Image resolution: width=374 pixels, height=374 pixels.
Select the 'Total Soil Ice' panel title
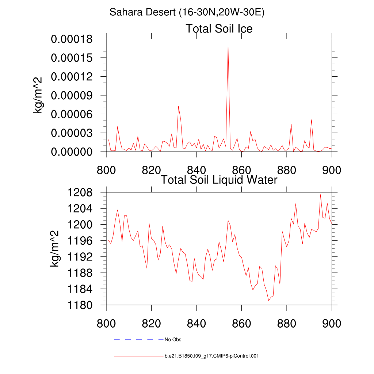[219, 28]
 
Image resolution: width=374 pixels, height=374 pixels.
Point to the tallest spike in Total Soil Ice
[228, 45]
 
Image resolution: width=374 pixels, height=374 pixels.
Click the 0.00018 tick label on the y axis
[71, 39]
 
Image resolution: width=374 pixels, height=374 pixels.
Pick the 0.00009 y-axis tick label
[71, 95]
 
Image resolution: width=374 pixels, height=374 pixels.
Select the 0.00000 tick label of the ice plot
[71, 152]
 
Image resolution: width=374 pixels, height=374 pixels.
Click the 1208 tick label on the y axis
[81, 192]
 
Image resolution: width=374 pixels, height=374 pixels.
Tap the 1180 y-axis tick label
[81, 305]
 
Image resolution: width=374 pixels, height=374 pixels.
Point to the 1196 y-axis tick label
[81, 241]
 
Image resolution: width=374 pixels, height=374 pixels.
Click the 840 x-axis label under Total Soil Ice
[196, 170]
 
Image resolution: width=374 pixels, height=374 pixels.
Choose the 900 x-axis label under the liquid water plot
[332, 323]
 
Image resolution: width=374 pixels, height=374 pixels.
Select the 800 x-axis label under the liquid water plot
[106, 323]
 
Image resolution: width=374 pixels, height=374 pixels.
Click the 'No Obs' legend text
[173, 340]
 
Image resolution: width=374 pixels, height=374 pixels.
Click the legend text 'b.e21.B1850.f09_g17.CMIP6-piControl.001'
[211, 356]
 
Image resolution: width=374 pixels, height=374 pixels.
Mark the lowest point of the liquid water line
[268, 301]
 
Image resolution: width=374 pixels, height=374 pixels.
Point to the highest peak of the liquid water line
[320, 195]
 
